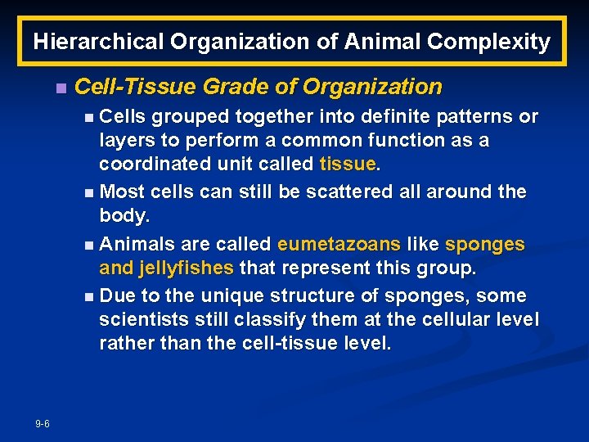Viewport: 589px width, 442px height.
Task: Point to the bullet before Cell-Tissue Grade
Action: [58, 88]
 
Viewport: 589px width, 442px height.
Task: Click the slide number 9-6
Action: [43, 423]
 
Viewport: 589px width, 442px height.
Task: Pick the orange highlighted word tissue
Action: [348, 164]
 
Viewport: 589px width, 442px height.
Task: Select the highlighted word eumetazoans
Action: [339, 244]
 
